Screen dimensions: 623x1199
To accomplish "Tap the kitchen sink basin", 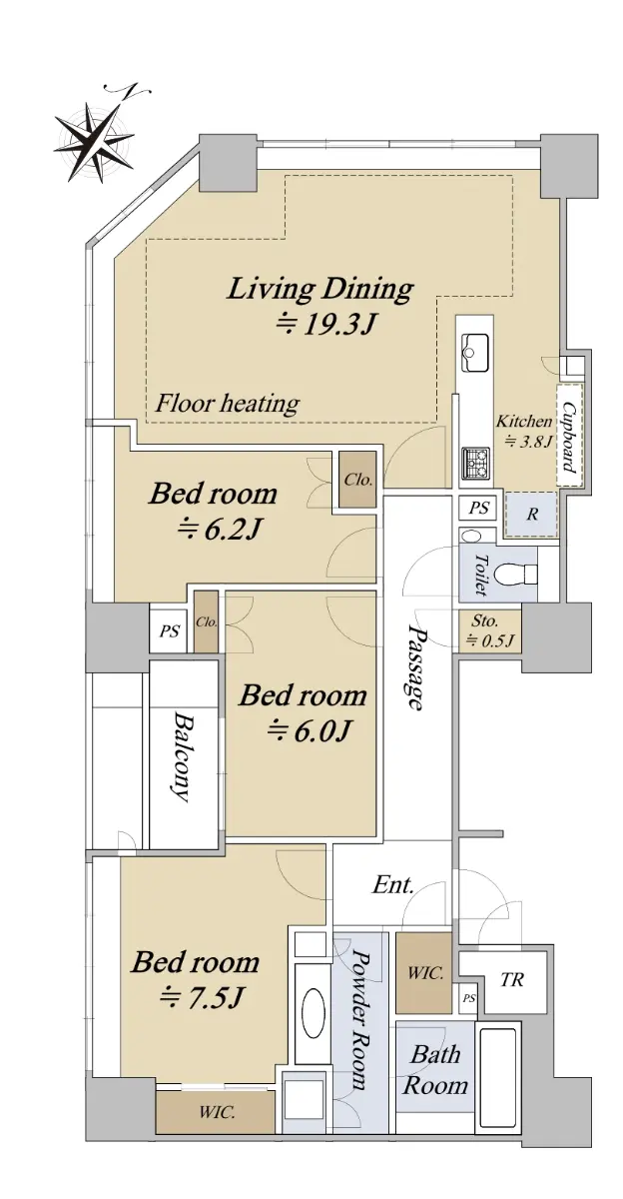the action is pos(474,352).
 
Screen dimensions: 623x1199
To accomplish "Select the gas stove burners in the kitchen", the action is pos(475,463).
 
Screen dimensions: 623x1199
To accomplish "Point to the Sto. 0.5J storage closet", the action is pos(490,630).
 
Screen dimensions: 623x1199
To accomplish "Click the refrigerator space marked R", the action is pos(531,515).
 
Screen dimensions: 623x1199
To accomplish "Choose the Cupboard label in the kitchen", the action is pos(568,437).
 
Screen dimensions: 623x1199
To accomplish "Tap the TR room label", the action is pos(511,980).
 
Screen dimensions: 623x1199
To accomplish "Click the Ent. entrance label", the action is pos(393,885).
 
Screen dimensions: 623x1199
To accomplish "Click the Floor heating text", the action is pos(228,403).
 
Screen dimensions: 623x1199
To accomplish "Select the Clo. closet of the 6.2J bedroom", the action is pos(357,480).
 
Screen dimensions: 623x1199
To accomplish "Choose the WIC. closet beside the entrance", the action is pos(424,972).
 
